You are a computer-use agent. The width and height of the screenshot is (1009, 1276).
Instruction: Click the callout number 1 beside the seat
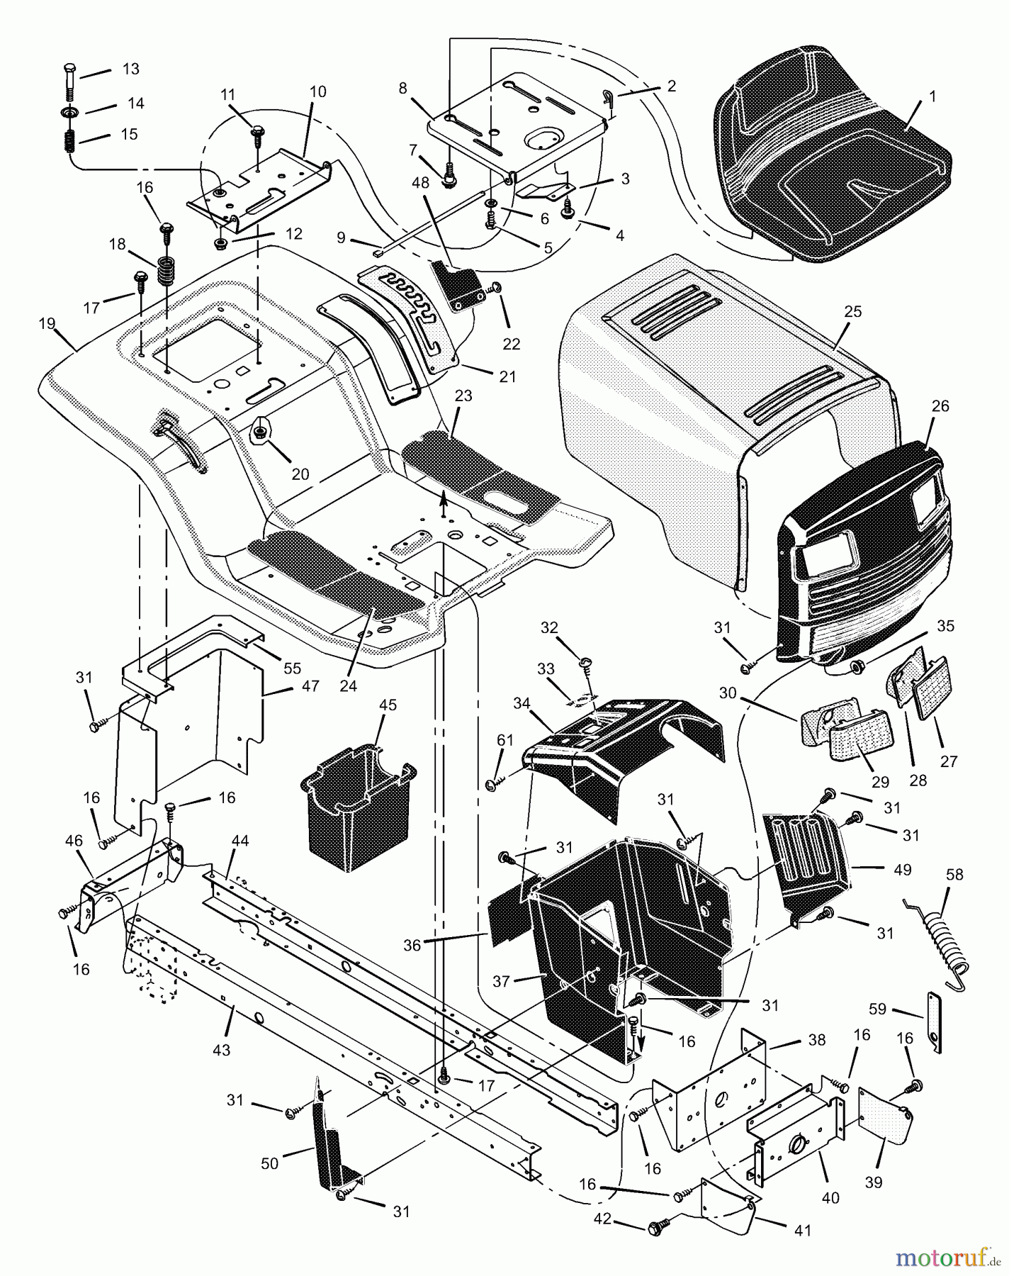click(932, 96)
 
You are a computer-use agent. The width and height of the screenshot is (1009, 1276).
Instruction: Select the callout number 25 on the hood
click(853, 311)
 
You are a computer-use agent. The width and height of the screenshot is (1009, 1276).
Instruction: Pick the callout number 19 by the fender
click(47, 324)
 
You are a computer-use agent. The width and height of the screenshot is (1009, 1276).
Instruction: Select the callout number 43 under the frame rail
click(221, 1050)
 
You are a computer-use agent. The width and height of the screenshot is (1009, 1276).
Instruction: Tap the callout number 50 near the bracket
click(269, 1163)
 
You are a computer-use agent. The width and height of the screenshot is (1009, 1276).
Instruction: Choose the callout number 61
click(504, 741)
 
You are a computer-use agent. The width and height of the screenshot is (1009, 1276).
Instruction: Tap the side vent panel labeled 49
click(808, 861)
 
